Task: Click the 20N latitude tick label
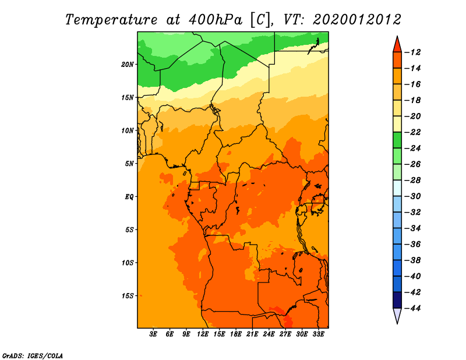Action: coord(128,65)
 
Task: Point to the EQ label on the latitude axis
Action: coord(129,197)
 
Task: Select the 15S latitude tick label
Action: coord(128,296)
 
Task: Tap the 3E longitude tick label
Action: coord(153,334)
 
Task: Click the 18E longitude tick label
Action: coord(236,334)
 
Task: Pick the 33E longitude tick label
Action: coord(318,334)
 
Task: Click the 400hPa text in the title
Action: coord(216,20)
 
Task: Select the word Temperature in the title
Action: coord(111,20)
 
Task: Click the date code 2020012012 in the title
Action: coord(357,20)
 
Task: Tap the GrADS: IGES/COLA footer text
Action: coord(33,355)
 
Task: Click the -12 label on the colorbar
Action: coord(413,52)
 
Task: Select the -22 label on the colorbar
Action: coord(413,132)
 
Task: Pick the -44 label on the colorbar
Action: coord(413,308)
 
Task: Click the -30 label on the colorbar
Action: coord(413,196)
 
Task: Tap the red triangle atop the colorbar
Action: coord(397,45)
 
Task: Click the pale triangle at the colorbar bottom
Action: coord(397,316)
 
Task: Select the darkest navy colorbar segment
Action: coord(397,300)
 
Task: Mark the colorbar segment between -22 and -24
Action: coord(397,140)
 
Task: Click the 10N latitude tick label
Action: coord(128,130)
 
